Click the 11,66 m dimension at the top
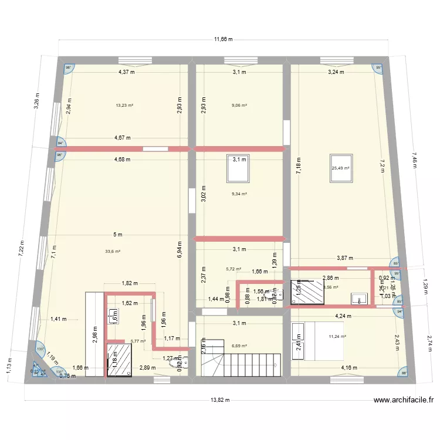[x=222, y=39]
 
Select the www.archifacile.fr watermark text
[x=404, y=401]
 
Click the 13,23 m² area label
[x=124, y=106]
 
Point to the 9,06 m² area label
[x=239, y=106]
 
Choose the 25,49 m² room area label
[x=341, y=168]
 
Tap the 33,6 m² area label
[x=113, y=251]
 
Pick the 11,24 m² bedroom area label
[x=337, y=336]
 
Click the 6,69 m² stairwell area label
[x=239, y=346]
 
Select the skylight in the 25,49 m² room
[x=340, y=170]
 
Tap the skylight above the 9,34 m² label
[x=238, y=167]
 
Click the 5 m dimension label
[x=118, y=235]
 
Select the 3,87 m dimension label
[x=346, y=258]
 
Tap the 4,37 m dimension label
[x=126, y=72]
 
